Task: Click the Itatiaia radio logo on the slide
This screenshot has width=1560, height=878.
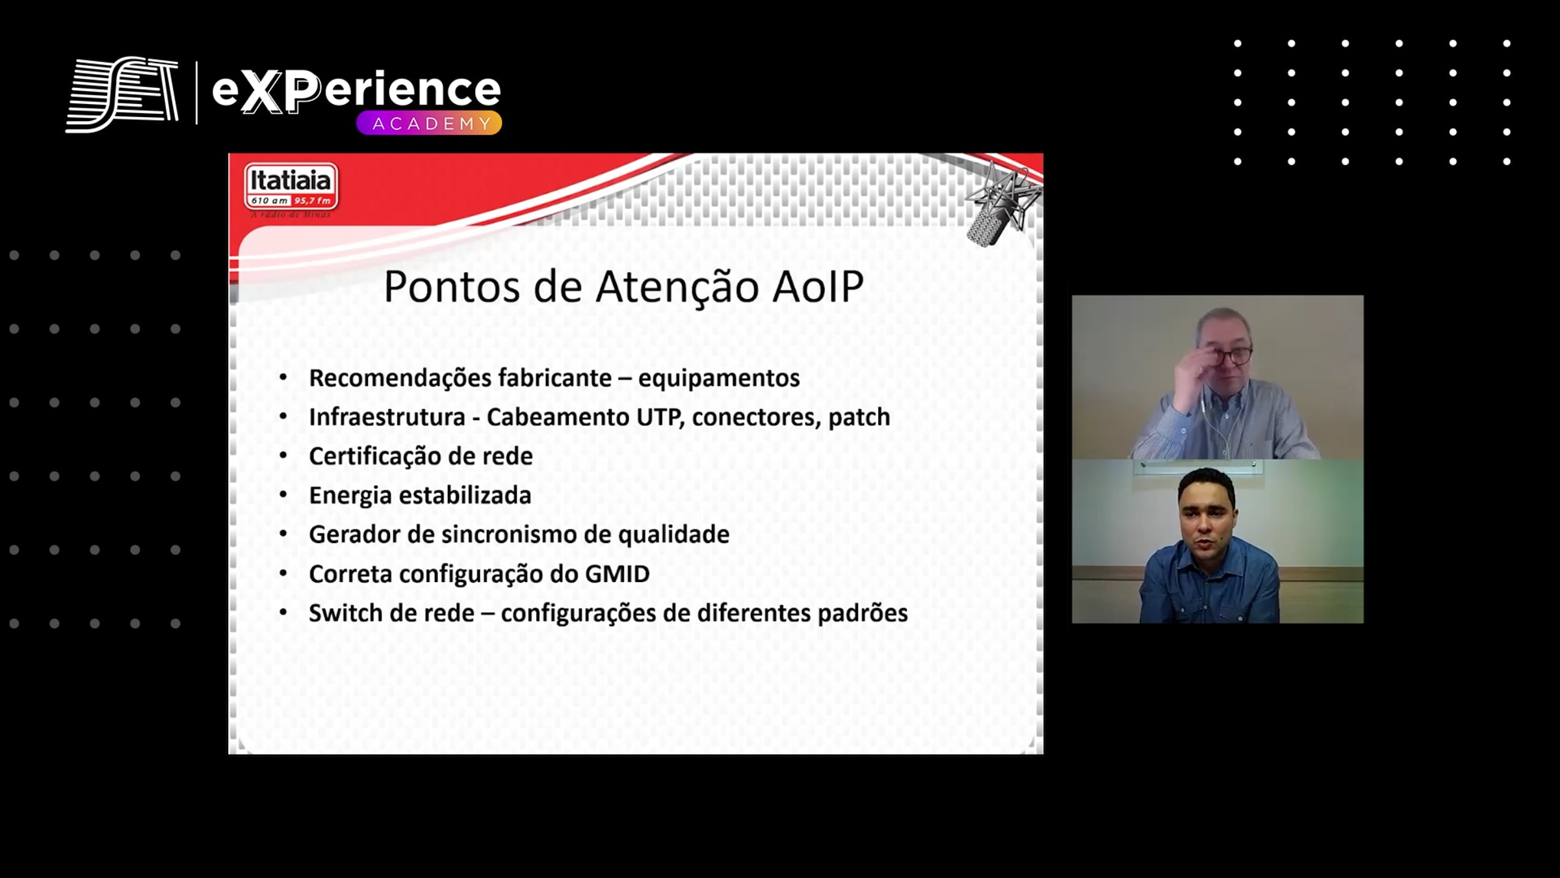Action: pos(291,189)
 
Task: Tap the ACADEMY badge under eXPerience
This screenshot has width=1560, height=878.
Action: pos(429,123)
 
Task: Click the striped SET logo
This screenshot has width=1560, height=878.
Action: pos(122,94)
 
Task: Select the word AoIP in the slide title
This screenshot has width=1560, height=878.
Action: pos(818,286)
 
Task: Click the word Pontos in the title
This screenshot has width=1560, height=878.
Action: pos(452,286)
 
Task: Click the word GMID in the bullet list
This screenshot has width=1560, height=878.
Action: pos(617,574)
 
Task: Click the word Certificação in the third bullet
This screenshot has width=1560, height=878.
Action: pos(378,457)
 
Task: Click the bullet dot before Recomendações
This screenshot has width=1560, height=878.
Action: pos(283,377)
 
